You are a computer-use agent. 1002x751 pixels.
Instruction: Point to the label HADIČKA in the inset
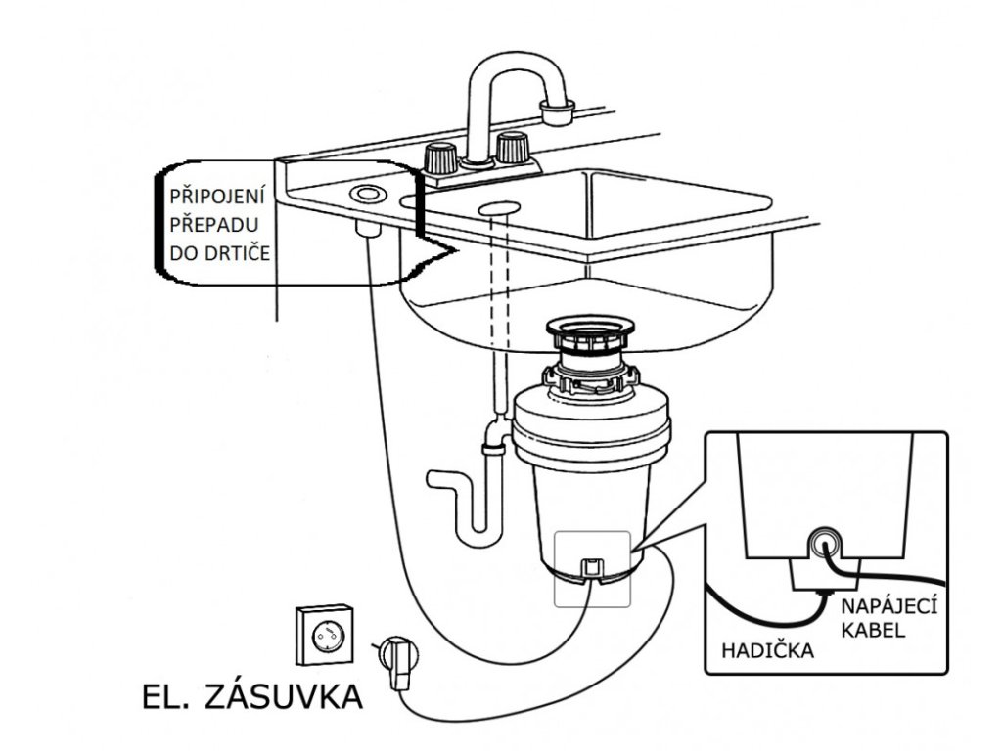point(767,649)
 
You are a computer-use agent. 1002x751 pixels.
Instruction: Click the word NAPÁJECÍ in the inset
point(888,607)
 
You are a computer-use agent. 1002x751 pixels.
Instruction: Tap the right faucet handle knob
point(510,149)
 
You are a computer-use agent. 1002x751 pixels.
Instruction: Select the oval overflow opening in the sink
point(499,206)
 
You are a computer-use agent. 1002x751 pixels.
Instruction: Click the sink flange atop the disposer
point(590,329)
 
